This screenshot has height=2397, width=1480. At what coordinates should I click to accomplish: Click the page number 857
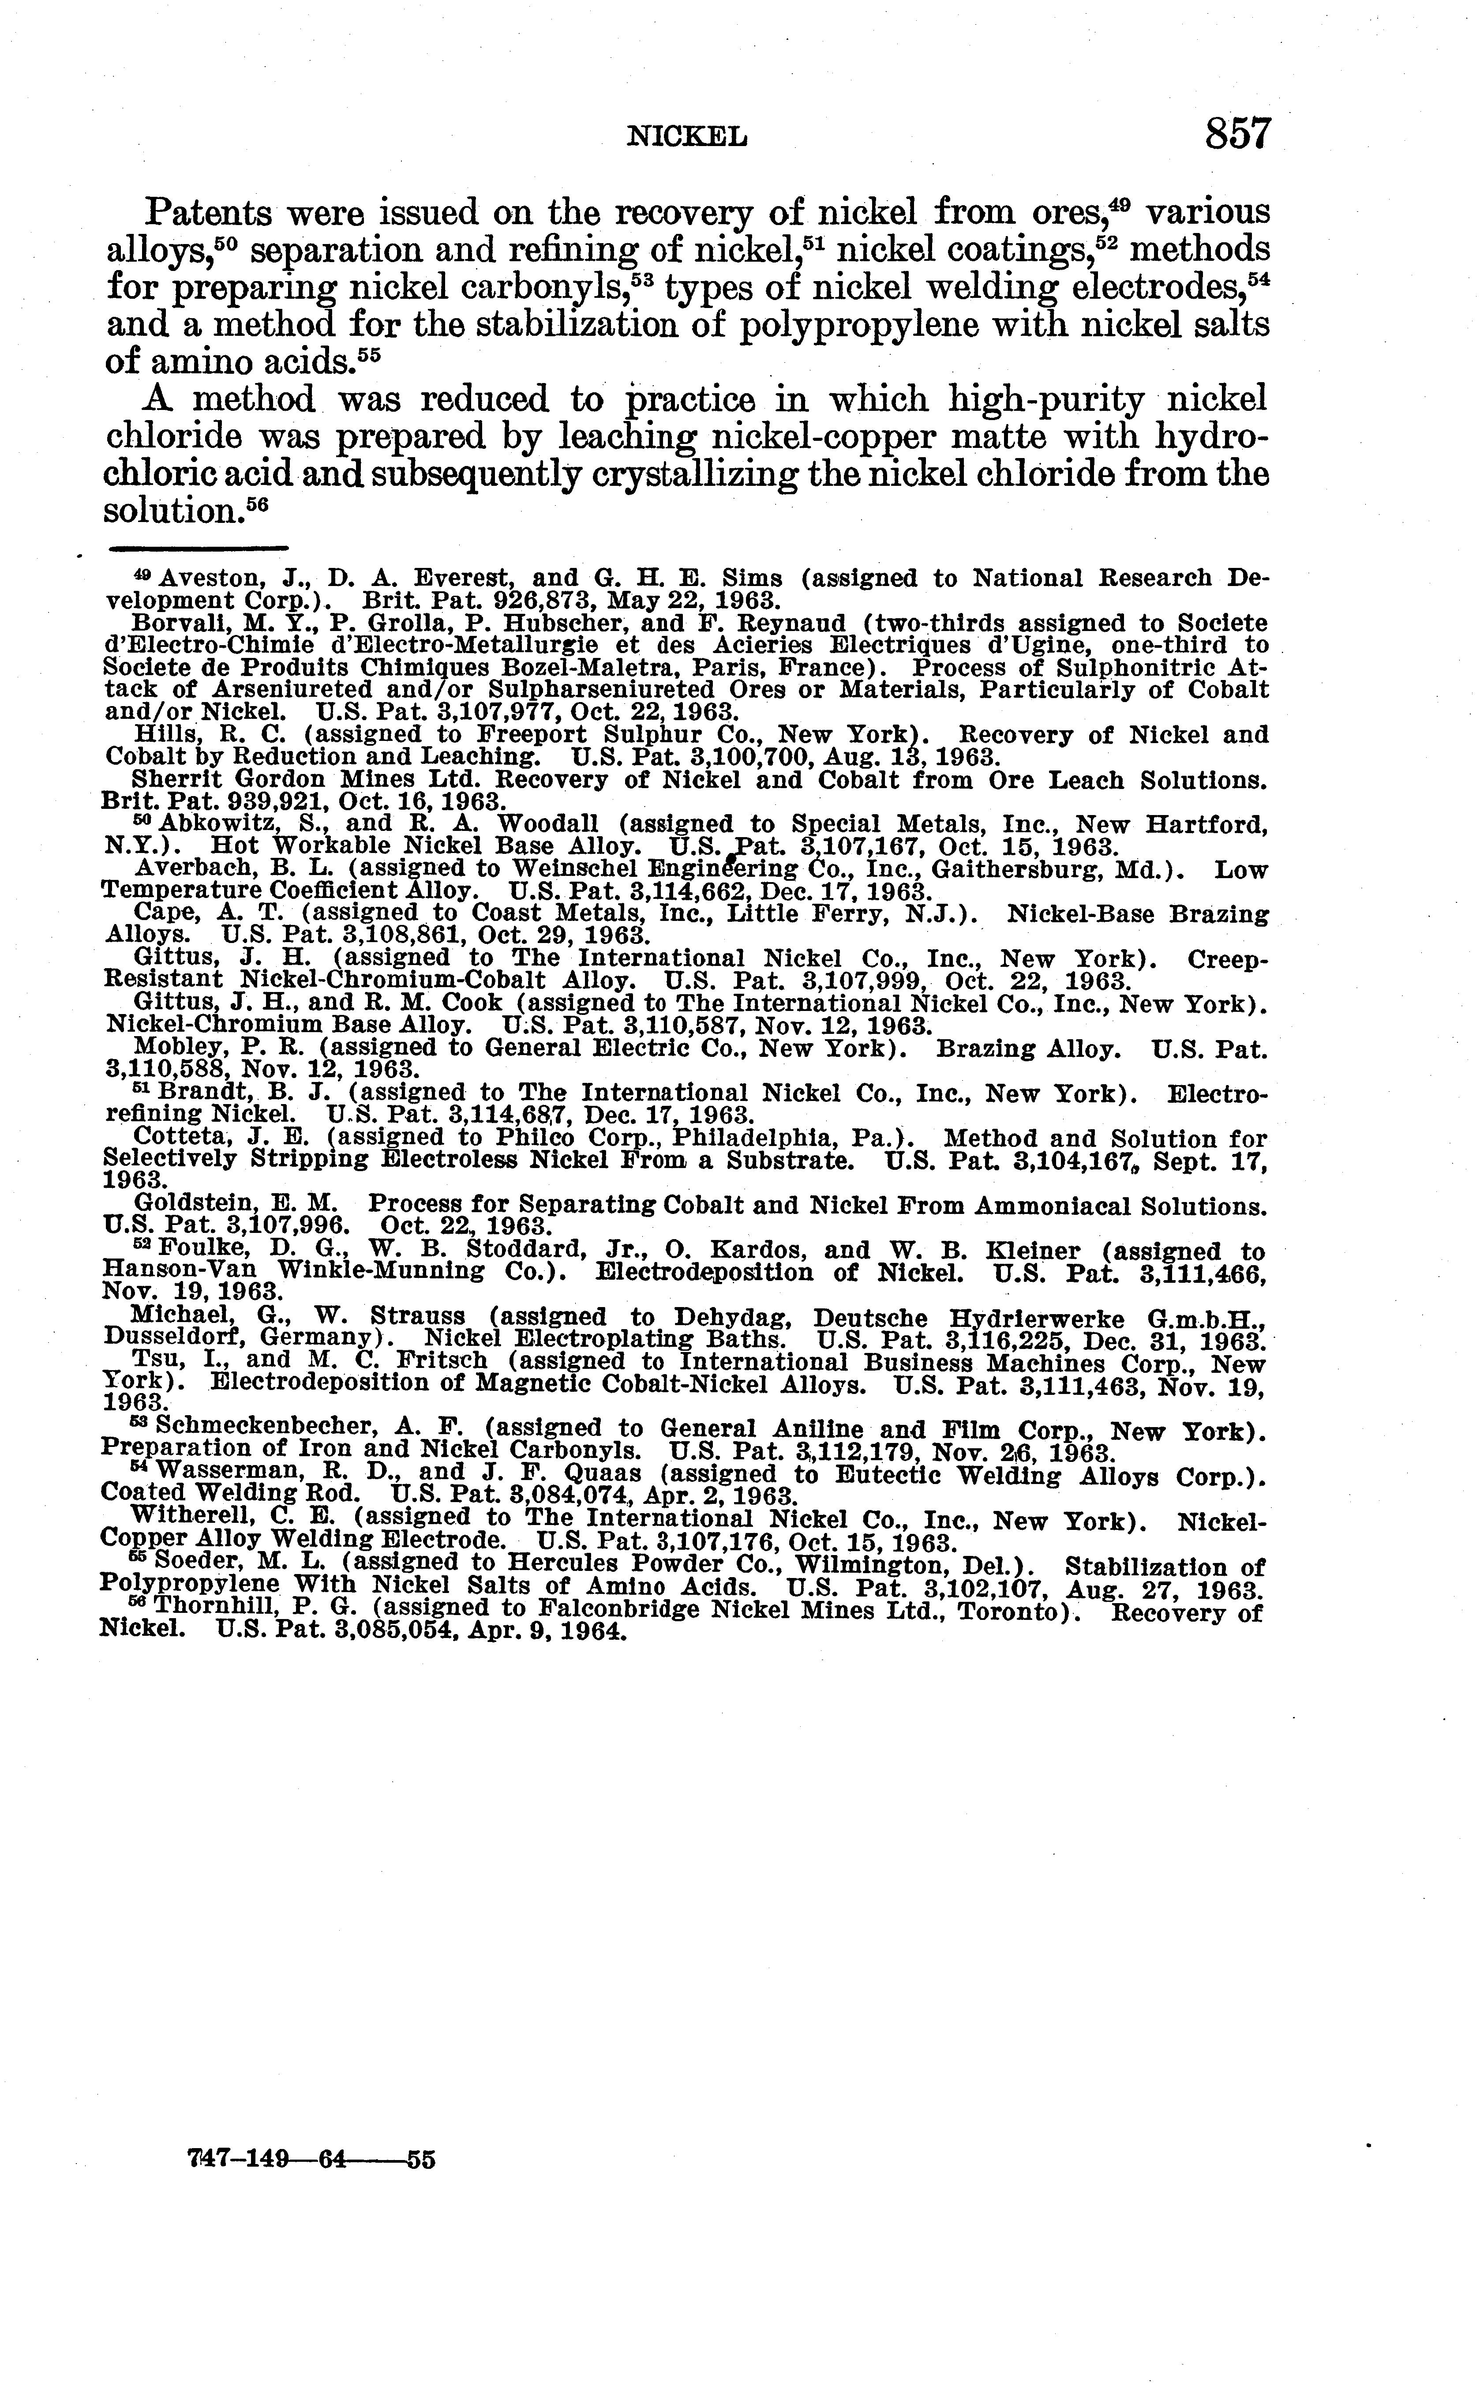tap(1238, 133)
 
